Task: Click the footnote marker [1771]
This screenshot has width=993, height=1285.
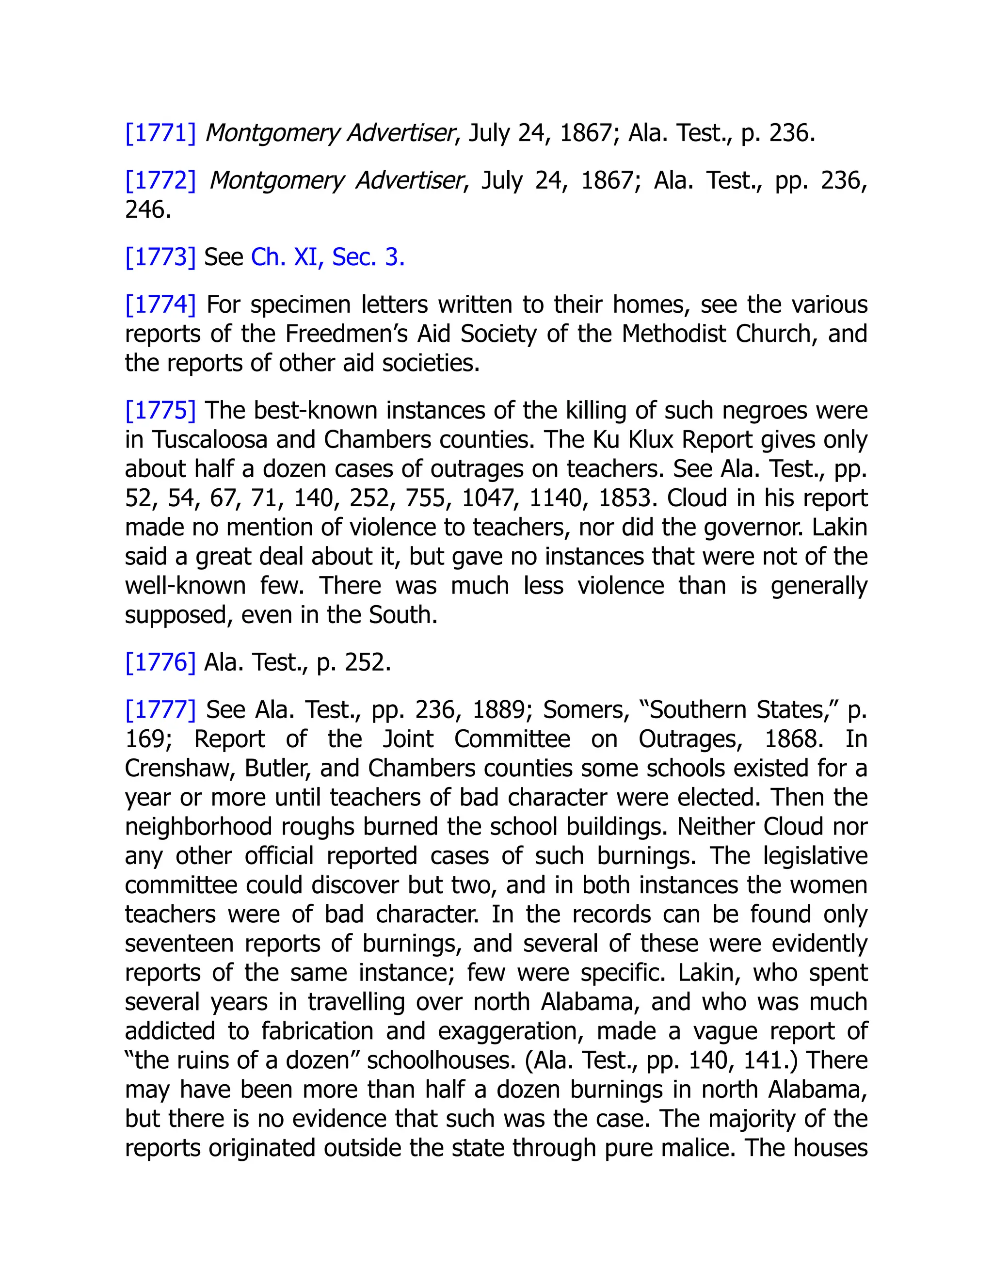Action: click(160, 133)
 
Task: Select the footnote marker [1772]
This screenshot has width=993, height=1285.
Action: click(160, 181)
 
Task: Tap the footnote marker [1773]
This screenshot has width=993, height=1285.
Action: click(160, 257)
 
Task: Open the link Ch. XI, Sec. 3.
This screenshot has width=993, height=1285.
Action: click(328, 257)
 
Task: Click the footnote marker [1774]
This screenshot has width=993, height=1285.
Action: click(160, 305)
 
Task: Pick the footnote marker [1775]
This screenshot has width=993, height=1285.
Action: click(160, 411)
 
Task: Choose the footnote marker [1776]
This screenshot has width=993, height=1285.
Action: click(160, 662)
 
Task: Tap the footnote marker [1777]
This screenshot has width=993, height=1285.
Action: click(160, 710)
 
